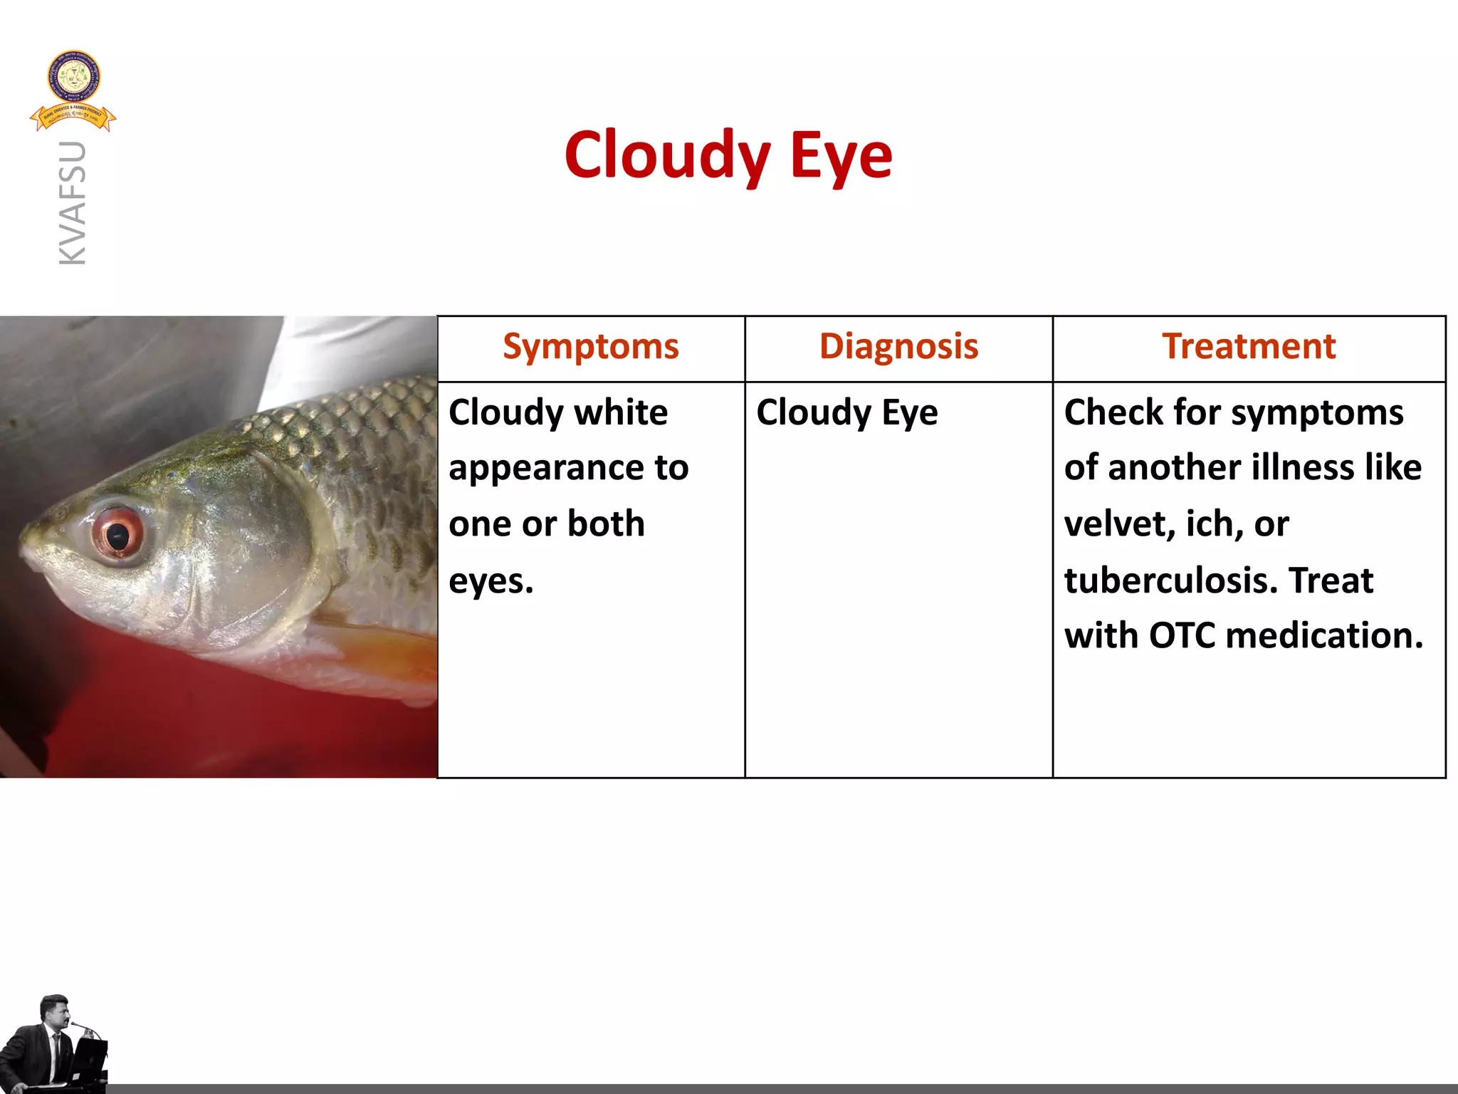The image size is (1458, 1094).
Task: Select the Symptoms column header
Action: (x=590, y=347)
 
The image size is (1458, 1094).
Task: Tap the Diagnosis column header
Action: (x=898, y=347)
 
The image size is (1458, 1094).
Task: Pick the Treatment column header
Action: (x=1249, y=347)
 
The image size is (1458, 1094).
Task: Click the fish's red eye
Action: (x=117, y=534)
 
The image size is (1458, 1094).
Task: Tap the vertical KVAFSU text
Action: (x=73, y=203)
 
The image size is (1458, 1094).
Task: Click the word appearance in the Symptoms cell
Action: (x=545, y=469)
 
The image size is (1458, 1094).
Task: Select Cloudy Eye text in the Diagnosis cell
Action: (x=846, y=412)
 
